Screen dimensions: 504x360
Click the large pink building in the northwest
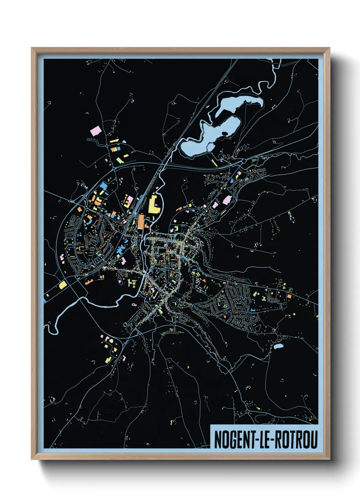coord(96,131)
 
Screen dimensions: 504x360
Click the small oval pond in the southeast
coord(278,347)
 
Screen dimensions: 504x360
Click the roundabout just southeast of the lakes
coord(244,161)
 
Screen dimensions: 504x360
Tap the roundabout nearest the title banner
coord(247,412)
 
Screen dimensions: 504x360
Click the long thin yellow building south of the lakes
coord(214,162)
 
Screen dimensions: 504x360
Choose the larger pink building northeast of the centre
coord(226,200)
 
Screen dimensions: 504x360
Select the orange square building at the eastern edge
coord(289,296)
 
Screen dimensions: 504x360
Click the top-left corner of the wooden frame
coord(32,48)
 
